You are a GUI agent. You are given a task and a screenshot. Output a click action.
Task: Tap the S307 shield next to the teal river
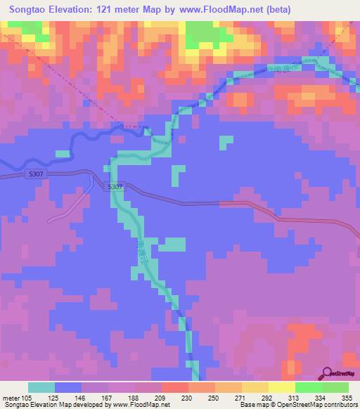117,187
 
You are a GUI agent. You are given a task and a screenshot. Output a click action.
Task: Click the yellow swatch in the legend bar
282,387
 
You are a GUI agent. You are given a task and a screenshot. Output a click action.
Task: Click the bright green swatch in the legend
309,387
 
